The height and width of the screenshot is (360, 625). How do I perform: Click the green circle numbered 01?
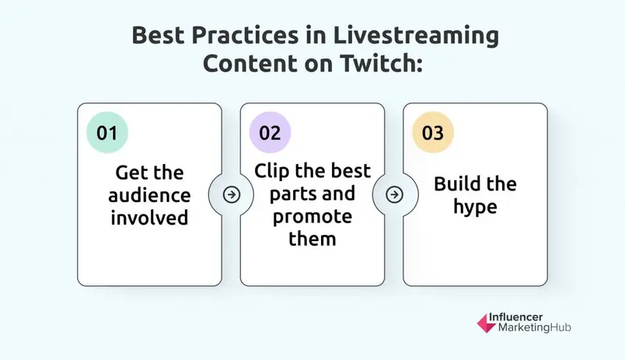106,131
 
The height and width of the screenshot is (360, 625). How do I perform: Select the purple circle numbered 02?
269,131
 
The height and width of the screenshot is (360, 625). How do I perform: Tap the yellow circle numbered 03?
432,131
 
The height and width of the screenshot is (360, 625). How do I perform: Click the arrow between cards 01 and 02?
231,194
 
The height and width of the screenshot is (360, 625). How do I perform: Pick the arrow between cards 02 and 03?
394,194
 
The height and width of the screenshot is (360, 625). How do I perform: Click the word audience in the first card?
148,194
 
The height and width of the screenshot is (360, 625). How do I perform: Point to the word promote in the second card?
312,215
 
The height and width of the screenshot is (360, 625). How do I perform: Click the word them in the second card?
312,237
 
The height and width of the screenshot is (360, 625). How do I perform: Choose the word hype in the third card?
475,207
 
